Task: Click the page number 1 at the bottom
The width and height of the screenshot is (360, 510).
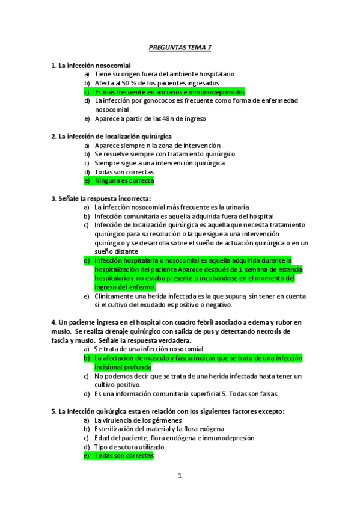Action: tap(180, 476)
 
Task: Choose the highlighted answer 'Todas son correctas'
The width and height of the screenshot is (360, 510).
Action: tap(124, 456)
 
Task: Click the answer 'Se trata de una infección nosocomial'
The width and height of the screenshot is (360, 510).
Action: tap(148, 349)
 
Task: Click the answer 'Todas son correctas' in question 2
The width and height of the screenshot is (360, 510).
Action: tap(120, 171)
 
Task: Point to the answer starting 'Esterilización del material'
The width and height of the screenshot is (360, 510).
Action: tap(159, 429)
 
